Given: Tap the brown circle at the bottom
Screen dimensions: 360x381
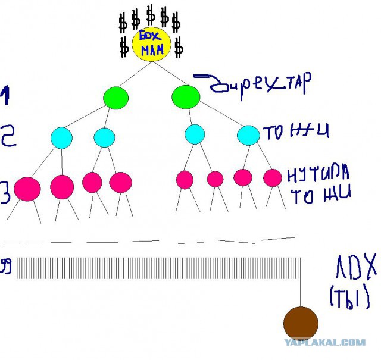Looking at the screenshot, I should (301, 323).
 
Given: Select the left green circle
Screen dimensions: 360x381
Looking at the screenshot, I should (116, 97).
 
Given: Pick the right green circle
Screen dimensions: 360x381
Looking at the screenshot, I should (186, 96).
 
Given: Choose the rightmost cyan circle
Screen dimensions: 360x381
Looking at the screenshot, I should (248, 135).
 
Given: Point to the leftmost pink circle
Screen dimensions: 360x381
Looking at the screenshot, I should (27, 188).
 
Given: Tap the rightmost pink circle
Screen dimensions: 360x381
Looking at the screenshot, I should (272, 177).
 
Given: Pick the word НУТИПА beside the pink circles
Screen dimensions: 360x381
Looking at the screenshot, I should (317, 174).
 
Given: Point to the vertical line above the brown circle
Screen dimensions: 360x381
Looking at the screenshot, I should (301, 286).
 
